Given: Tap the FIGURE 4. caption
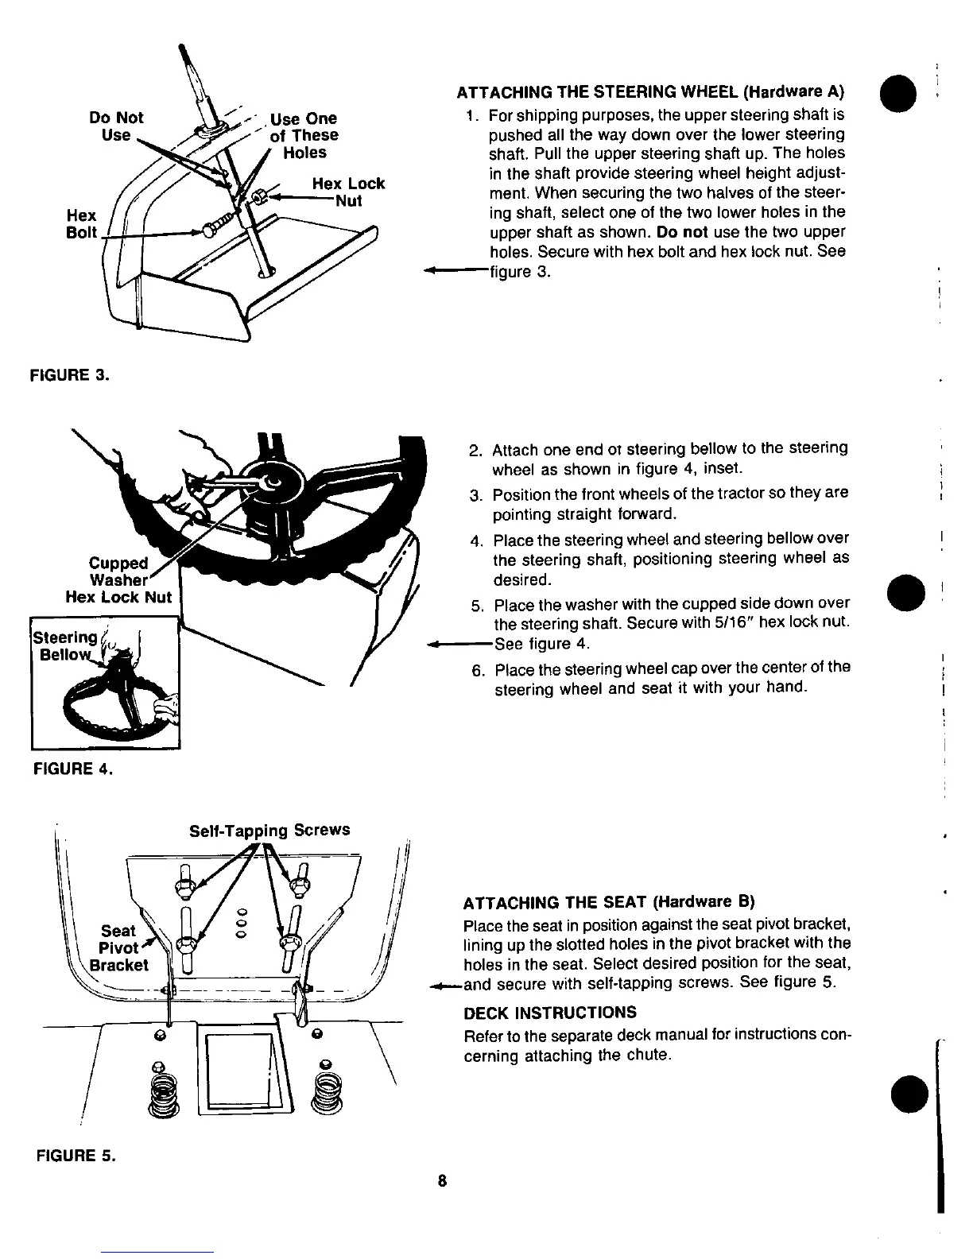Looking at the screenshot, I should pyautogui.click(x=72, y=769).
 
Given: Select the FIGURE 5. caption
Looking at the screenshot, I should pyautogui.click(x=76, y=1156).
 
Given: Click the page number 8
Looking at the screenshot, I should pyautogui.click(x=444, y=1180).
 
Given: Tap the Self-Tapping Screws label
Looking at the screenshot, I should pyautogui.click(x=269, y=830).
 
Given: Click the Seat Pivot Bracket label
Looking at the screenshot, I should pyautogui.click(x=119, y=947).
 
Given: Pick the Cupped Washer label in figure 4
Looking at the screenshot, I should pyautogui.click(x=119, y=571).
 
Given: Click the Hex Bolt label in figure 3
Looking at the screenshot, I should pyautogui.click(x=81, y=223).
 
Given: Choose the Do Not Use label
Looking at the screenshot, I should pyautogui.click(x=117, y=126).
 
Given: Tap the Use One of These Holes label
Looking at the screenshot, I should pyautogui.click(x=304, y=135).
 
